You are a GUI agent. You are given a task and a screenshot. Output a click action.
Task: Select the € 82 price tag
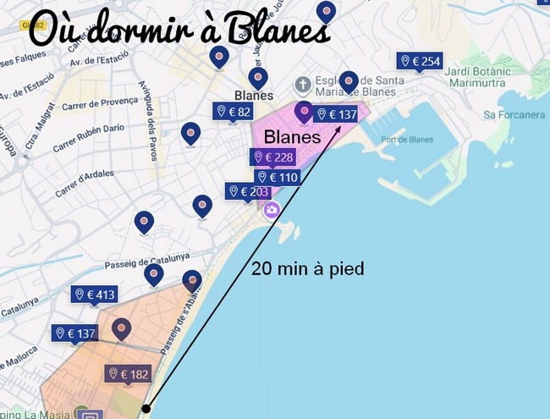(x=234, y=112)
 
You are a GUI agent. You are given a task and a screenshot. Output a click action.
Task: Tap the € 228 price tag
(x=272, y=157)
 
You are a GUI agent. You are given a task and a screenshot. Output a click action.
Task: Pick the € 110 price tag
(x=278, y=178)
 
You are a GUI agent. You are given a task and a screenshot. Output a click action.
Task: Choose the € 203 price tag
(x=247, y=192)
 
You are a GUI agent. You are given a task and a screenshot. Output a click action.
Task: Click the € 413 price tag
(x=95, y=295)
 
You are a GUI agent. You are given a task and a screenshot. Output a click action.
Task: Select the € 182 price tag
(x=128, y=374)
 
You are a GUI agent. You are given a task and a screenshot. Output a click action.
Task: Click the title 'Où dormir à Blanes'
(x=178, y=31)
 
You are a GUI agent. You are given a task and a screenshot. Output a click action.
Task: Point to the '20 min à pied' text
(x=308, y=270)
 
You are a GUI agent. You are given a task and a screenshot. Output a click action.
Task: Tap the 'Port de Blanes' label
(x=407, y=140)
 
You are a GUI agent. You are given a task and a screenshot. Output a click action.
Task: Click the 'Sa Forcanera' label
(x=514, y=114)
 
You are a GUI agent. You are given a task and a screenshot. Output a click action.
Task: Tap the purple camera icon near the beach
(x=271, y=210)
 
